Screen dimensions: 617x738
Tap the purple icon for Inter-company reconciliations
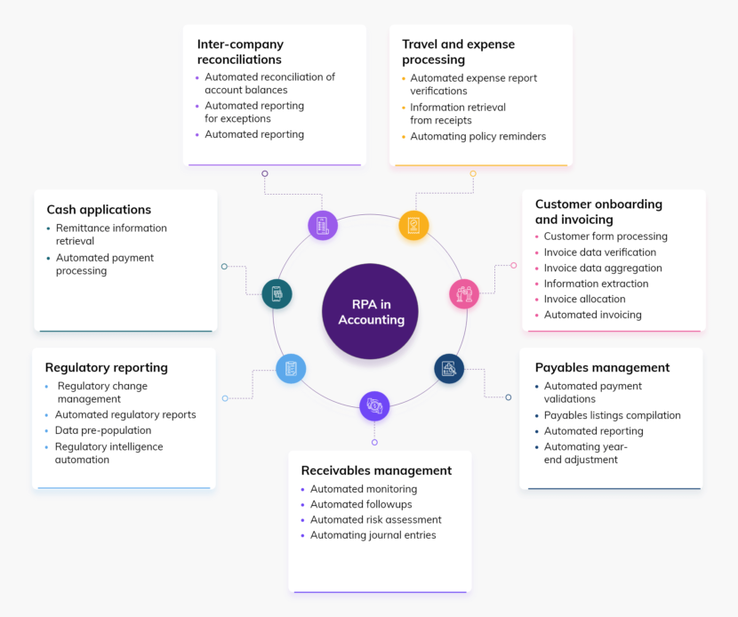(x=323, y=225)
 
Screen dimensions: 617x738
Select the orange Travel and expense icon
(x=413, y=225)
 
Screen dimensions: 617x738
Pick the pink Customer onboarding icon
(x=464, y=293)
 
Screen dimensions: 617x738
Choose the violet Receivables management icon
(x=374, y=405)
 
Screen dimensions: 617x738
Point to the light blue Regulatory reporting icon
(x=291, y=368)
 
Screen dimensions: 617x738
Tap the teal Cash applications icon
(x=277, y=293)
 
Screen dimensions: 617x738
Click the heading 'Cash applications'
(x=99, y=210)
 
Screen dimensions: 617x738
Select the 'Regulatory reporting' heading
(x=106, y=367)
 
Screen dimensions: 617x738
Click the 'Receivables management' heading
(x=376, y=470)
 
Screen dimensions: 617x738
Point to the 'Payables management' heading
(x=602, y=367)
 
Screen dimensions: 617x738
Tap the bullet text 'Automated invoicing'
(x=592, y=315)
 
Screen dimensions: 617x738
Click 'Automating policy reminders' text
(x=477, y=137)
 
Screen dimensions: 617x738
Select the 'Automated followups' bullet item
(x=361, y=504)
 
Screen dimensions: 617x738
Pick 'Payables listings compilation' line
(x=612, y=415)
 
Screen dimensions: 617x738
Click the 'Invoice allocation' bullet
(x=584, y=299)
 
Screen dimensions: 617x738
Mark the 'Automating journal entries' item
(x=373, y=535)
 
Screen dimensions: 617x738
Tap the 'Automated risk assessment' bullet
(x=375, y=519)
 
